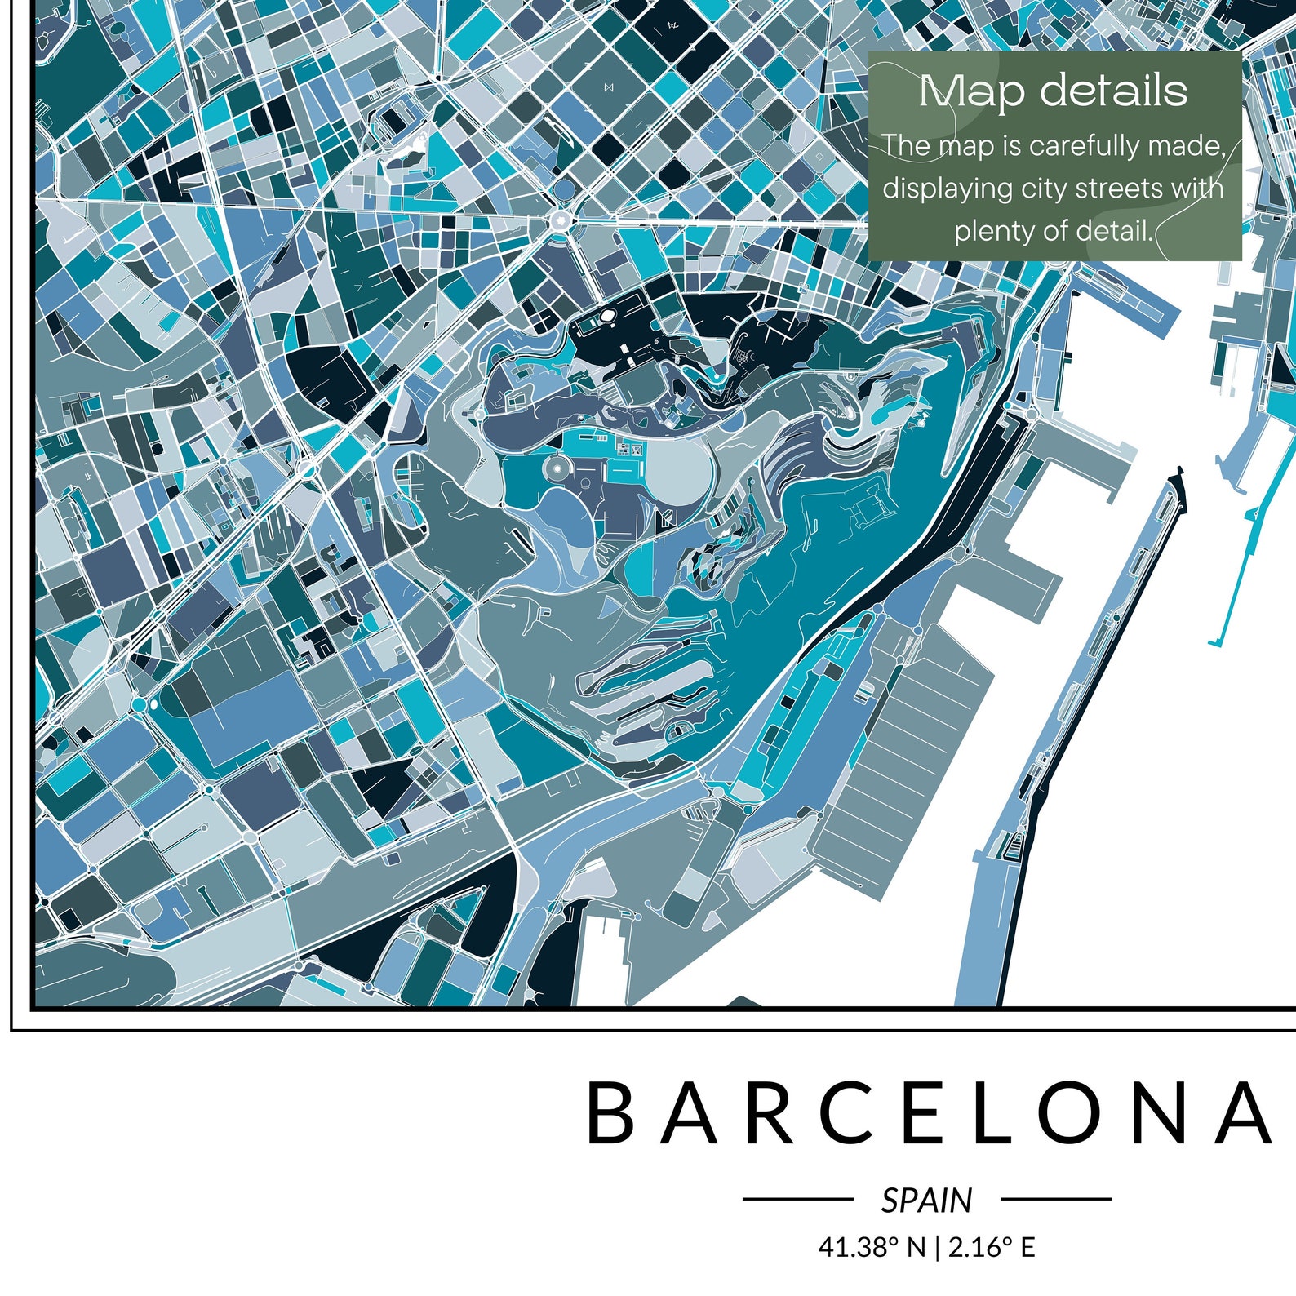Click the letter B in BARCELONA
tap(610, 1113)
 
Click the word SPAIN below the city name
tap(926, 1201)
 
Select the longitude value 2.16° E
tap(992, 1248)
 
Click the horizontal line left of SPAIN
tap(797, 1199)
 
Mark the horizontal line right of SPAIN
tap(1056, 1199)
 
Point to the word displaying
tap(947, 189)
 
